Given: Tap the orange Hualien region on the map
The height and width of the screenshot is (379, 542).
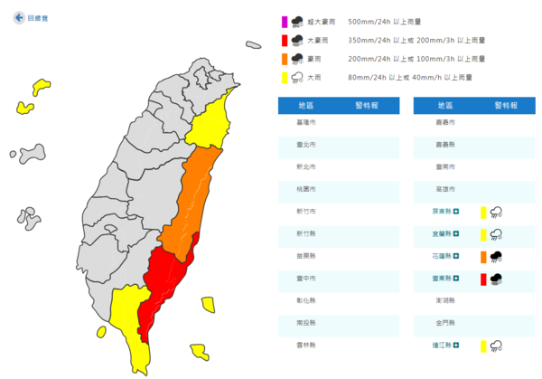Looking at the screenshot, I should (194, 194).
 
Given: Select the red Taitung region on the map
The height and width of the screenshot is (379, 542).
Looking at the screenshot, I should (167, 276).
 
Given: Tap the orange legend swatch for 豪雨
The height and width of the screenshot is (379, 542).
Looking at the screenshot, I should (284, 59).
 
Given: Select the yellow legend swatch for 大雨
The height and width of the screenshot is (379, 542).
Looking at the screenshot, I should (284, 77).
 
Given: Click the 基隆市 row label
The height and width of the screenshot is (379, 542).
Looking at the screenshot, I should (307, 122).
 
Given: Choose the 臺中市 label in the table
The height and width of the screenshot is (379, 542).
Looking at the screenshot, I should (307, 278).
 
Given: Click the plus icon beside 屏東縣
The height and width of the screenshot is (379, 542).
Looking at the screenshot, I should (456, 212).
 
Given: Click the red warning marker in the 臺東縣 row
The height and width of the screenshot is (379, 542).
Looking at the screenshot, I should (484, 278).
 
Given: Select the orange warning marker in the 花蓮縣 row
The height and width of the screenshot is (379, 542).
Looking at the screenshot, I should (484, 256).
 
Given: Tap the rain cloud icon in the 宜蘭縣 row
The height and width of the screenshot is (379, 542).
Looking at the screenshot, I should (496, 233).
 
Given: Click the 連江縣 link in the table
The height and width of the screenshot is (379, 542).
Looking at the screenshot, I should (443, 345).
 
